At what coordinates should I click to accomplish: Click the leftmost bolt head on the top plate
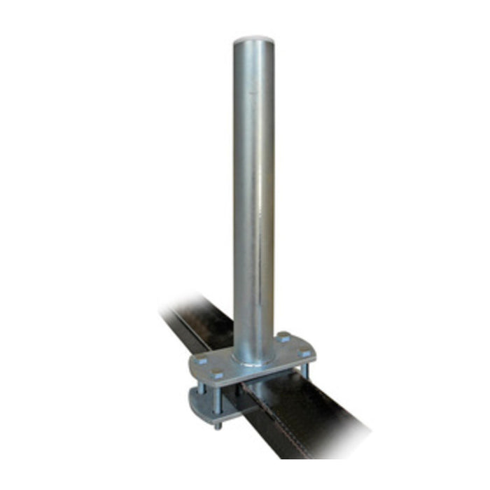(202, 363)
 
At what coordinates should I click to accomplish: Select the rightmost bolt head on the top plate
(302, 354)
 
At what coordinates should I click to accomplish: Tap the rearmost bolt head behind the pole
(283, 339)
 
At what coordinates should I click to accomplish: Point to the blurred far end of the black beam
(175, 308)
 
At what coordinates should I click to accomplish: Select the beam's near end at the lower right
(336, 441)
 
